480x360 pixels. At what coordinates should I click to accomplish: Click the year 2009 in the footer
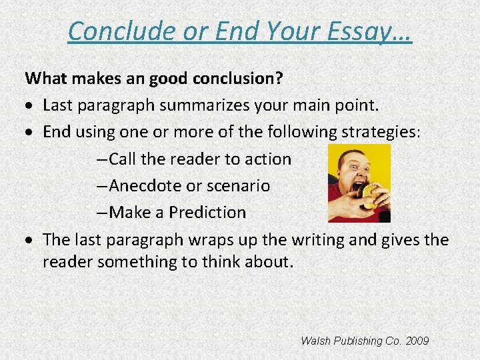(x=417, y=341)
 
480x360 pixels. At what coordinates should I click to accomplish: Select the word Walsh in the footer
(x=315, y=341)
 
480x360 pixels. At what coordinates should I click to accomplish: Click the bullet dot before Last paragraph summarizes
(x=32, y=106)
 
